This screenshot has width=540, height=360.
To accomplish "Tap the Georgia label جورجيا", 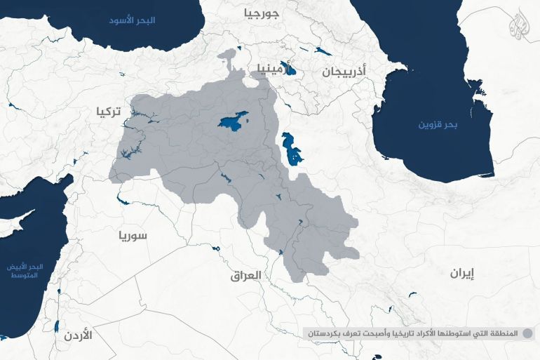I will pyautogui.click(x=261, y=13).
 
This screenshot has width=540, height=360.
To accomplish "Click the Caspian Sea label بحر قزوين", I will pyautogui.click(x=438, y=125).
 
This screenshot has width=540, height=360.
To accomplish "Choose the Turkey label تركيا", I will pyautogui.click(x=108, y=111).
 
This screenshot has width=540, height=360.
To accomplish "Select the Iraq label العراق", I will pyautogui.click(x=245, y=276).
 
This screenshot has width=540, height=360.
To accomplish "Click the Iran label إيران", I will pyautogui.click(x=462, y=274).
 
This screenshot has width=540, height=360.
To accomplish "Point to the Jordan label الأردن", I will pyautogui.click(x=77, y=335).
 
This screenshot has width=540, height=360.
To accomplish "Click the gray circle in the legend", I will pyautogui.click(x=527, y=333).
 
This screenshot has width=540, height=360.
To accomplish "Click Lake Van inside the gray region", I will pyautogui.click(x=232, y=121).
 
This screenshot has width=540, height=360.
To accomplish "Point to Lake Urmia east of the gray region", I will pyautogui.click(x=290, y=148).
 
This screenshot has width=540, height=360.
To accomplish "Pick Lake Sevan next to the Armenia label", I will pyautogui.click(x=292, y=72).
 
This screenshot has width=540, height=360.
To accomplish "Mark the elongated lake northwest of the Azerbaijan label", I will pyautogui.click(x=323, y=51).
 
